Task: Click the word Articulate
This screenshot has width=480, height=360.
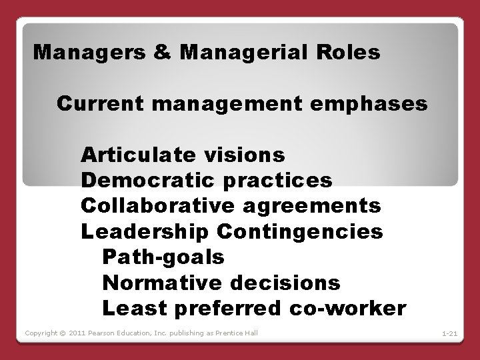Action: coord(137,155)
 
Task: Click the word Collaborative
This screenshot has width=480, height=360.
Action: coord(153,206)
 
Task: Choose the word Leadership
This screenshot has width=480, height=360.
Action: coord(145,231)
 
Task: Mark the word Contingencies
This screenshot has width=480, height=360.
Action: coord(299,231)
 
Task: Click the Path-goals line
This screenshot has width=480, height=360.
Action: coord(163,257)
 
